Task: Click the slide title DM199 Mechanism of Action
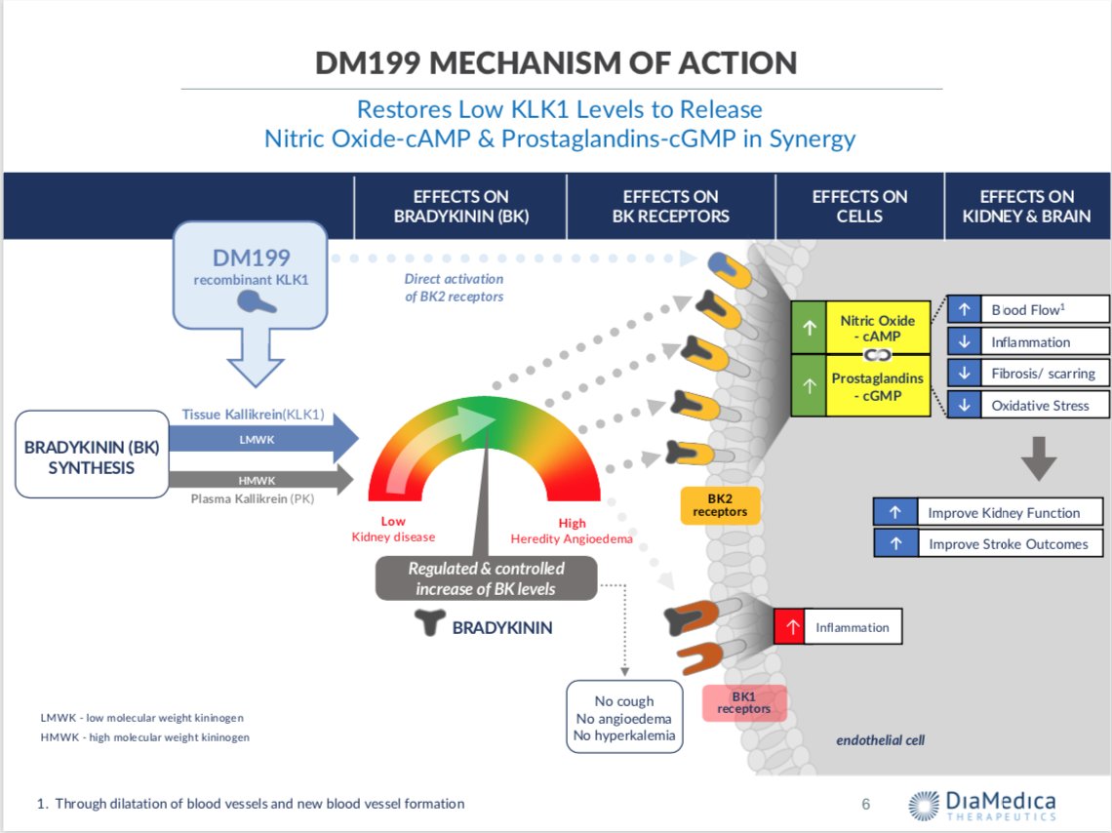pyautogui.click(x=556, y=62)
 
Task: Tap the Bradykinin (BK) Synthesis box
pyautogui.click(x=93, y=455)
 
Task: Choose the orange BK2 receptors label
pyautogui.click(x=720, y=505)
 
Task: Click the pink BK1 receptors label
pyautogui.click(x=744, y=703)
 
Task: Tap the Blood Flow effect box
pyautogui.click(x=1028, y=310)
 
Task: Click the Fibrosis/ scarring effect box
pyautogui.click(x=1028, y=374)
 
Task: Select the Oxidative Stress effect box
pyautogui.click(x=1028, y=406)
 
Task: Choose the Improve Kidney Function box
pyautogui.click(x=990, y=512)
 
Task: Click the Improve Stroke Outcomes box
pyautogui.click(x=990, y=544)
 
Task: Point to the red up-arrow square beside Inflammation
pyautogui.click(x=788, y=627)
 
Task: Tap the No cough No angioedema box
pyautogui.click(x=624, y=717)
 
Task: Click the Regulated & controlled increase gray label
pyautogui.click(x=486, y=578)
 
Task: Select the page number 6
pyautogui.click(x=865, y=805)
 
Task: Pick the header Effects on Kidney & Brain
pyautogui.click(x=1026, y=206)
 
